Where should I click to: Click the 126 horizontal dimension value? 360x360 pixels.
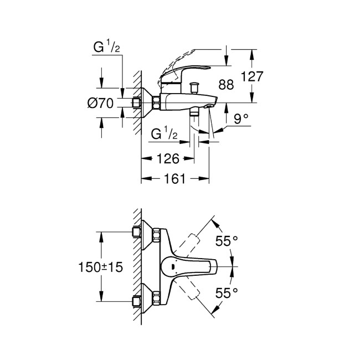click(x=167, y=159)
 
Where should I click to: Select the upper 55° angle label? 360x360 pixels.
click(x=227, y=241)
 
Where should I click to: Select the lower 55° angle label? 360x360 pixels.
click(x=227, y=292)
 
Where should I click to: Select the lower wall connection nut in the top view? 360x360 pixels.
click(x=137, y=302)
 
